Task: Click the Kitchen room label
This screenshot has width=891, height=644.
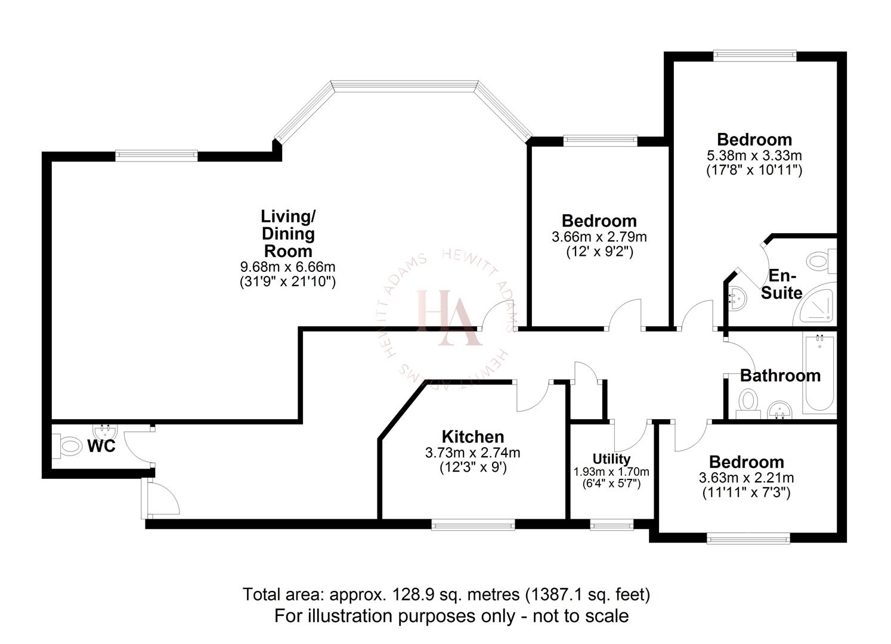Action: click(x=472, y=436)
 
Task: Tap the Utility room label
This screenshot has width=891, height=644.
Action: click(x=611, y=459)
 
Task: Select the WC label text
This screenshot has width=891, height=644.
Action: click(x=101, y=446)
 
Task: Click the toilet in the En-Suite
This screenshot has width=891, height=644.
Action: click(x=821, y=261)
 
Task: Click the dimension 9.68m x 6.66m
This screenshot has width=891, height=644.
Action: click(x=288, y=267)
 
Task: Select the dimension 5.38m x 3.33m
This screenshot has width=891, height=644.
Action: click(x=754, y=156)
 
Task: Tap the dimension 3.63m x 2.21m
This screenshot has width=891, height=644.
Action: click(x=746, y=478)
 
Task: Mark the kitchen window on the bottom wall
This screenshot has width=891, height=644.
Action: click(x=473, y=525)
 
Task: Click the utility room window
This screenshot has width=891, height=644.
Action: click(x=612, y=525)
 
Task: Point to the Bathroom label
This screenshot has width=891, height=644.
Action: click(x=780, y=376)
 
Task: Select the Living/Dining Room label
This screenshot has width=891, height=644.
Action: click(x=288, y=233)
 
